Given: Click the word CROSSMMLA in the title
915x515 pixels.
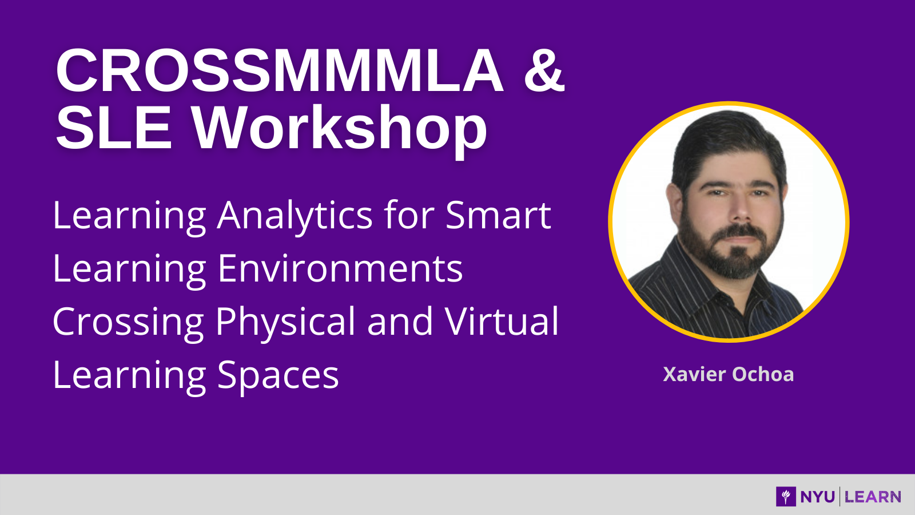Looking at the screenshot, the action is point(280,71).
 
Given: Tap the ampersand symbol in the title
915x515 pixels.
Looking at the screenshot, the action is point(544,71).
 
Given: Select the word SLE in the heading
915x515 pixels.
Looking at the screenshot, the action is point(114,128).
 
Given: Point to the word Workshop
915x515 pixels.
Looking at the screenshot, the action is point(340,131).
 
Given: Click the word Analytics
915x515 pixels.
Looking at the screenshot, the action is point(295,217).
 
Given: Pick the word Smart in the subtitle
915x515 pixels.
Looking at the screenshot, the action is point(498,215).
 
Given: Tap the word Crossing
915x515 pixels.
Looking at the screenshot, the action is point(128,323).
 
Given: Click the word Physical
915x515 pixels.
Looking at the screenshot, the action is point(285,323).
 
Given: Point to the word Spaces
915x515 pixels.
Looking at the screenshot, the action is point(278,376).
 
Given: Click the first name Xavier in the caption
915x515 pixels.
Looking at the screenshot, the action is point(694,374).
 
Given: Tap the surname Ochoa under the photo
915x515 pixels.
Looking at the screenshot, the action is point(763,374).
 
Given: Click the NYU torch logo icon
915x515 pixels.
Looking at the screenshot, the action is point(786,497).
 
